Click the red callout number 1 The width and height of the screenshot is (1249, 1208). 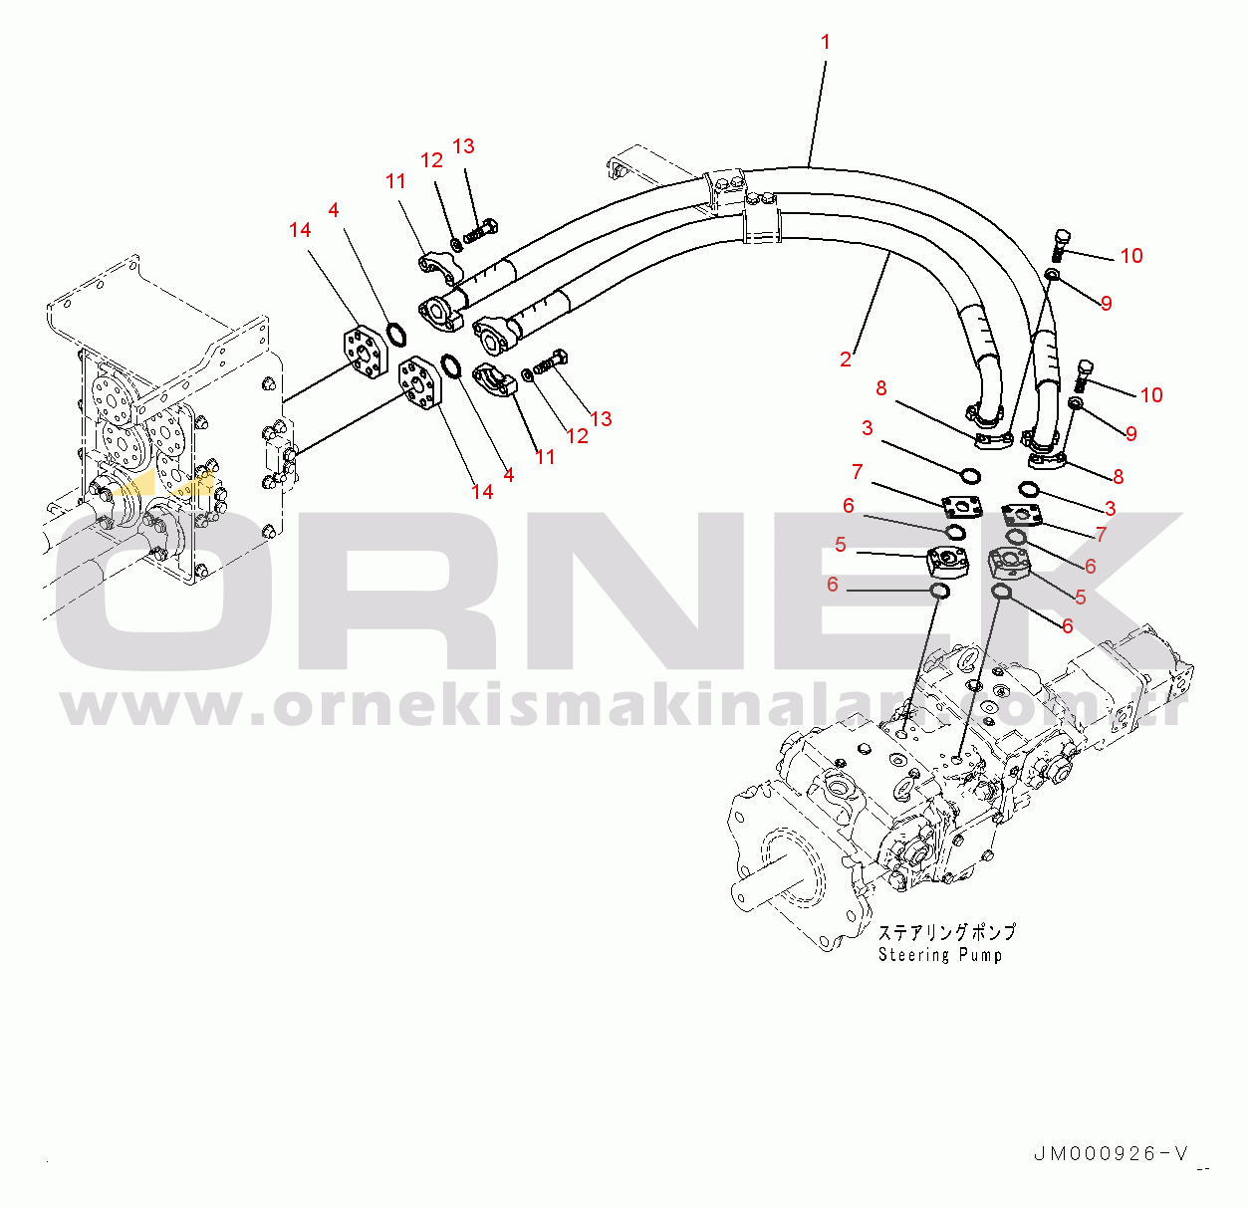click(825, 42)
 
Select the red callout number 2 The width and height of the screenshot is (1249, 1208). click(846, 360)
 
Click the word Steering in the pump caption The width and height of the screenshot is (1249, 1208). click(913, 955)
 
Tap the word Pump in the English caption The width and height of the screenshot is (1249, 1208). click(981, 955)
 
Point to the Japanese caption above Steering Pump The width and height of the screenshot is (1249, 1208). click(946, 932)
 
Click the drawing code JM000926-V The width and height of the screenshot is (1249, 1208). click(1112, 1154)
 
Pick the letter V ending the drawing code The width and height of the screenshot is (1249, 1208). click(1181, 1154)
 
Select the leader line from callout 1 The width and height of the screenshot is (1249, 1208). click(818, 110)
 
